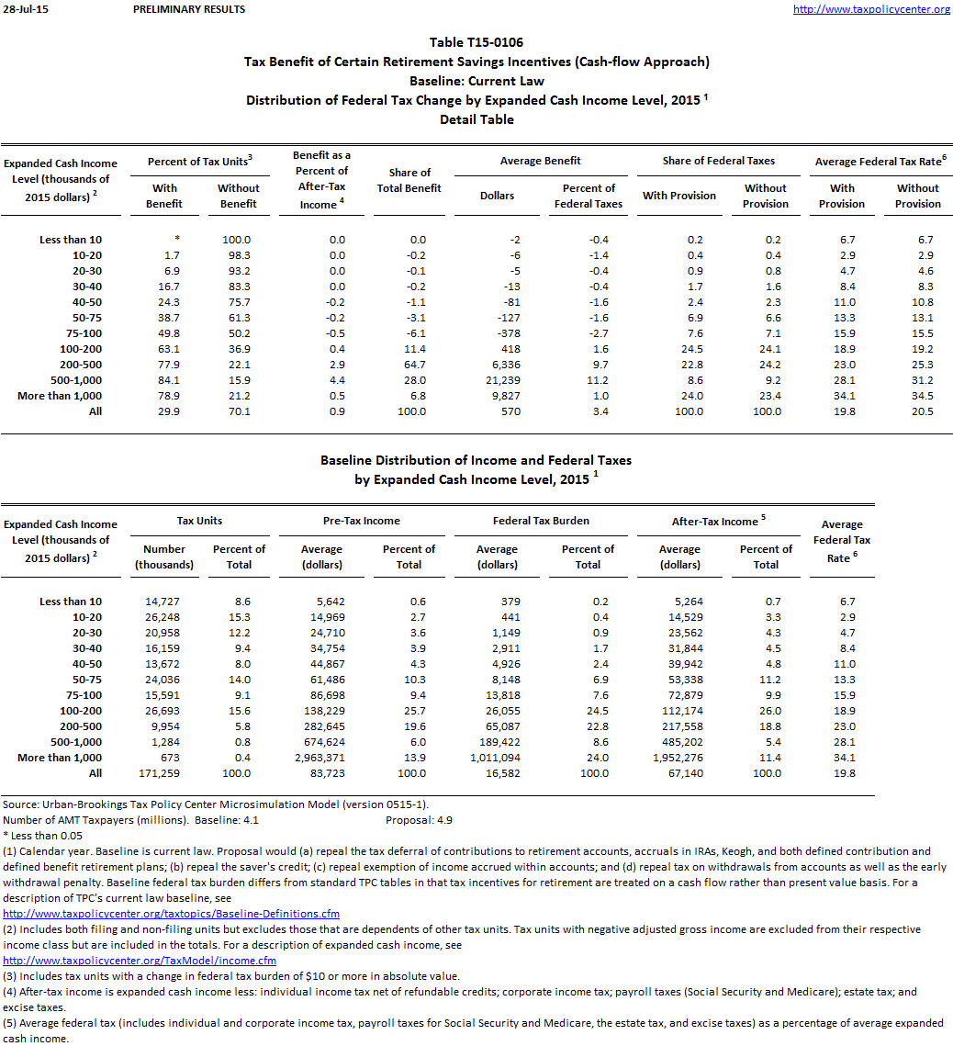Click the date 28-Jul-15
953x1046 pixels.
click(x=20, y=9)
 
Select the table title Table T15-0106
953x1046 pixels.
click(x=476, y=42)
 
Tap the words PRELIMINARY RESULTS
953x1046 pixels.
click(x=189, y=9)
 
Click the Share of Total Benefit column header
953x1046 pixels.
click(x=409, y=180)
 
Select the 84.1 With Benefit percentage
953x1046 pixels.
click(x=165, y=380)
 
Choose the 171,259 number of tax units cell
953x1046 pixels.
click(x=164, y=773)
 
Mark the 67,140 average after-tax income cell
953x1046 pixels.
click(x=679, y=773)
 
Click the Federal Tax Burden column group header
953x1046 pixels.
click(x=541, y=521)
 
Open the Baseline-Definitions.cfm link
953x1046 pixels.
click(x=172, y=914)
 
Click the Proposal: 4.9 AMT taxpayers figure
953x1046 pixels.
click(x=419, y=820)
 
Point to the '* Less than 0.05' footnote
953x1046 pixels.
click(x=43, y=836)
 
